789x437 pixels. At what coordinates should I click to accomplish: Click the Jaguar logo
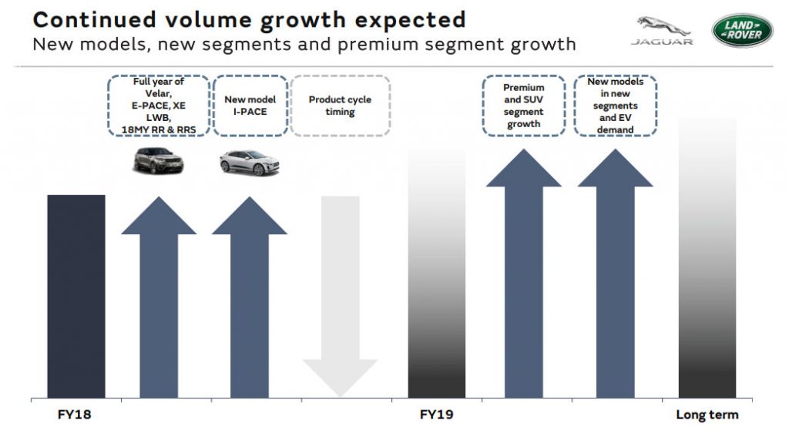[662, 31]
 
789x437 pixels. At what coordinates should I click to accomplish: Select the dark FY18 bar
[76, 296]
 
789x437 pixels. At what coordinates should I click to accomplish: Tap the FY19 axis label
[436, 415]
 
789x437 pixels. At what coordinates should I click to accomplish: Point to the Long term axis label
[707, 415]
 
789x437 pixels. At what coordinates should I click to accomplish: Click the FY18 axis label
[76, 415]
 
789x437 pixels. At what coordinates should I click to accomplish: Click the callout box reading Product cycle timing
[340, 106]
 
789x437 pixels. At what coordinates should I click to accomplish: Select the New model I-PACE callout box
[250, 106]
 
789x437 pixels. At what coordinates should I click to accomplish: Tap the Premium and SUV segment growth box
[524, 106]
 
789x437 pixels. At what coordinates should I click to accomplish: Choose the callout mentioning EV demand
[616, 106]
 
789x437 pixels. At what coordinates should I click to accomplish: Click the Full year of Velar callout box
[159, 106]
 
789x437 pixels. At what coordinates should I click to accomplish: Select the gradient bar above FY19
[436, 274]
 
